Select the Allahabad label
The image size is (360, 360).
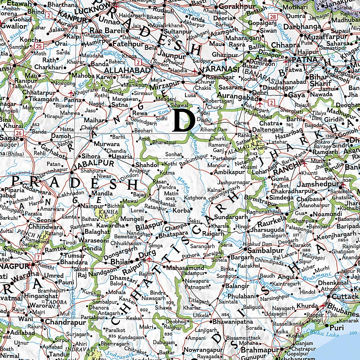click(126, 71)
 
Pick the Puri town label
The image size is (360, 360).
click(337, 328)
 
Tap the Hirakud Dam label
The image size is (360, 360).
click(255, 244)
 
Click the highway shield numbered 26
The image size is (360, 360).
click(19, 133)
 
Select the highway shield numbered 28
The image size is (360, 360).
click(274, 17)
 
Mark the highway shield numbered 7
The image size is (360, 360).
click(39, 257)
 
